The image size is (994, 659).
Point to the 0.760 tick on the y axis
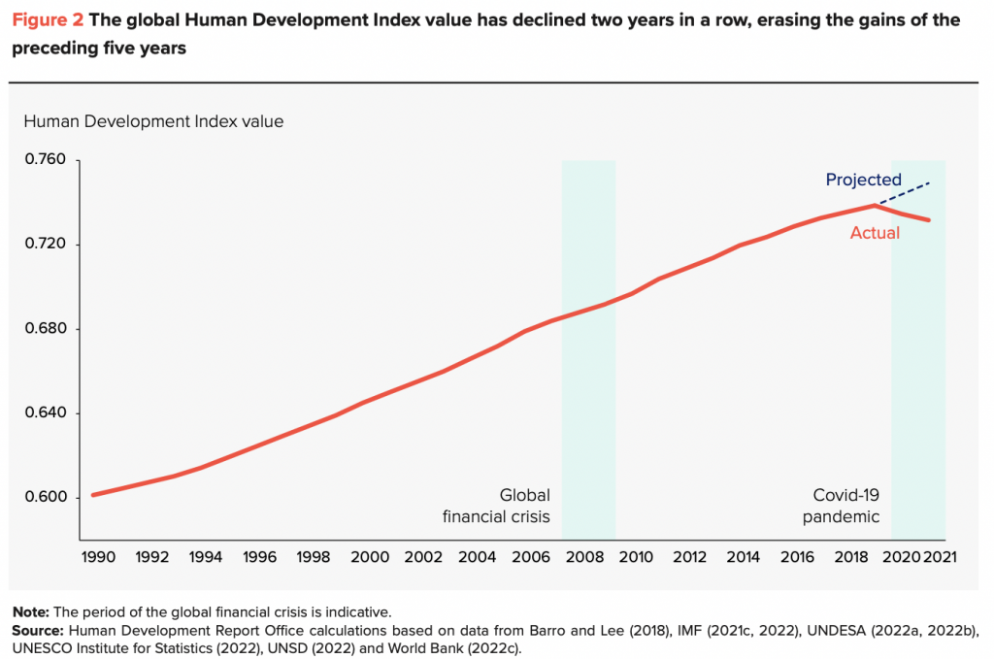click(x=46, y=159)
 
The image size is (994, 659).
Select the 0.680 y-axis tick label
click(x=46, y=329)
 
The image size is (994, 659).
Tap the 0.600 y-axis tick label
click(x=46, y=498)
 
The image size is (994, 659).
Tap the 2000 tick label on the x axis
click(x=370, y=557)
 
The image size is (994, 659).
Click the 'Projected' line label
click(x=863, y=180)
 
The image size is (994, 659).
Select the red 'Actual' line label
click(x=875, y=233)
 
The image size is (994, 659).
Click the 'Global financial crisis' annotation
click(x=496, y=505)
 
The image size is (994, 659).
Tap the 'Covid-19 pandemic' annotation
click(x=841, y=505)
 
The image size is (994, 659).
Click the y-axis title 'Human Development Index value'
click(x=152, y=121)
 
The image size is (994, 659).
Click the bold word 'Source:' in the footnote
click(x=37, y=630)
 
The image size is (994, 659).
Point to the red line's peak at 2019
click(x=876, y=205)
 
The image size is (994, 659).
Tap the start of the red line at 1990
click(x=93, y=495)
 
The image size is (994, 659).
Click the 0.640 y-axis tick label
click(x=46, y=413)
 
